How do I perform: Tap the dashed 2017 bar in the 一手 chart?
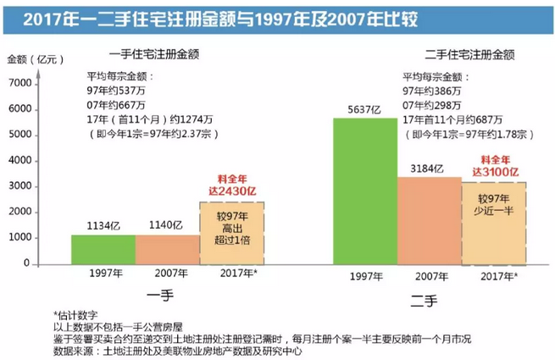pos(231,232)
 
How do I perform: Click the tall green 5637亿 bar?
pos(364,191)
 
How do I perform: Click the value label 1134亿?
pos(102,226)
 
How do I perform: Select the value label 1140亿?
pos(166,226)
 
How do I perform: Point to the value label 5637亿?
pos(365,109)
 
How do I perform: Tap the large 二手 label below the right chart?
pos(428,297)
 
